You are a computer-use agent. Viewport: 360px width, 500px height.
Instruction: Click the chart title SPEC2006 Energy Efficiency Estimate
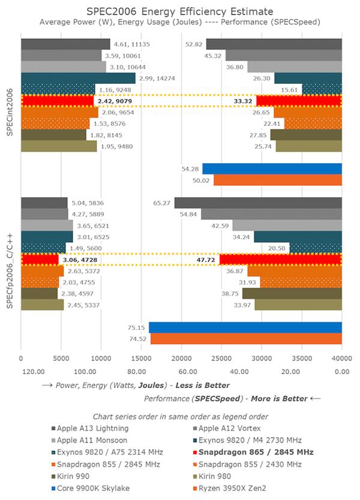(x=180, y=11)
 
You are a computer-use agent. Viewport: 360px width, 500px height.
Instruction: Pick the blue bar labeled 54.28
(x=272, y=168)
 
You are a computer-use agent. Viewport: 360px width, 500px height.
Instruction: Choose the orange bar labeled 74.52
(x=245, y=338)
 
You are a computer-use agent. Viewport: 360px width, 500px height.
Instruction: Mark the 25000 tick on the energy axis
(x=221, y=357)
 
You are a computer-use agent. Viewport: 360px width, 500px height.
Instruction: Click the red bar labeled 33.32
(x=299, y=101)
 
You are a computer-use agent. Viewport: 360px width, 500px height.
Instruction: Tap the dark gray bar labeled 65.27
(x=258, y=203)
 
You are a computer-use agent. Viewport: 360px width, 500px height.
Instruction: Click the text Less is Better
(x=201, y=385)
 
